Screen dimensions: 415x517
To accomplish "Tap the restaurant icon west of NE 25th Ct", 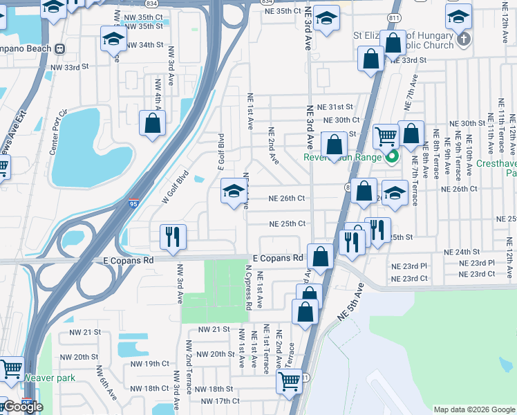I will [x=171, y=237].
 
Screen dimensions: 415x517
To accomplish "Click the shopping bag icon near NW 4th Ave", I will [x=153, y=124].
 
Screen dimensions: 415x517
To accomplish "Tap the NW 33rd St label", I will [x=70, y=67].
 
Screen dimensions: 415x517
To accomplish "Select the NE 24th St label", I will [x=463, y=252].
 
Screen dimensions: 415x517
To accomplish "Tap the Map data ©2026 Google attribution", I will [x=473, y=409].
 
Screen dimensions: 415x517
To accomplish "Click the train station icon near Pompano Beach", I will [x=60, y=48].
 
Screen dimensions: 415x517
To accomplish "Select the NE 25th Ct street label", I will [x=287, y=224].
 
